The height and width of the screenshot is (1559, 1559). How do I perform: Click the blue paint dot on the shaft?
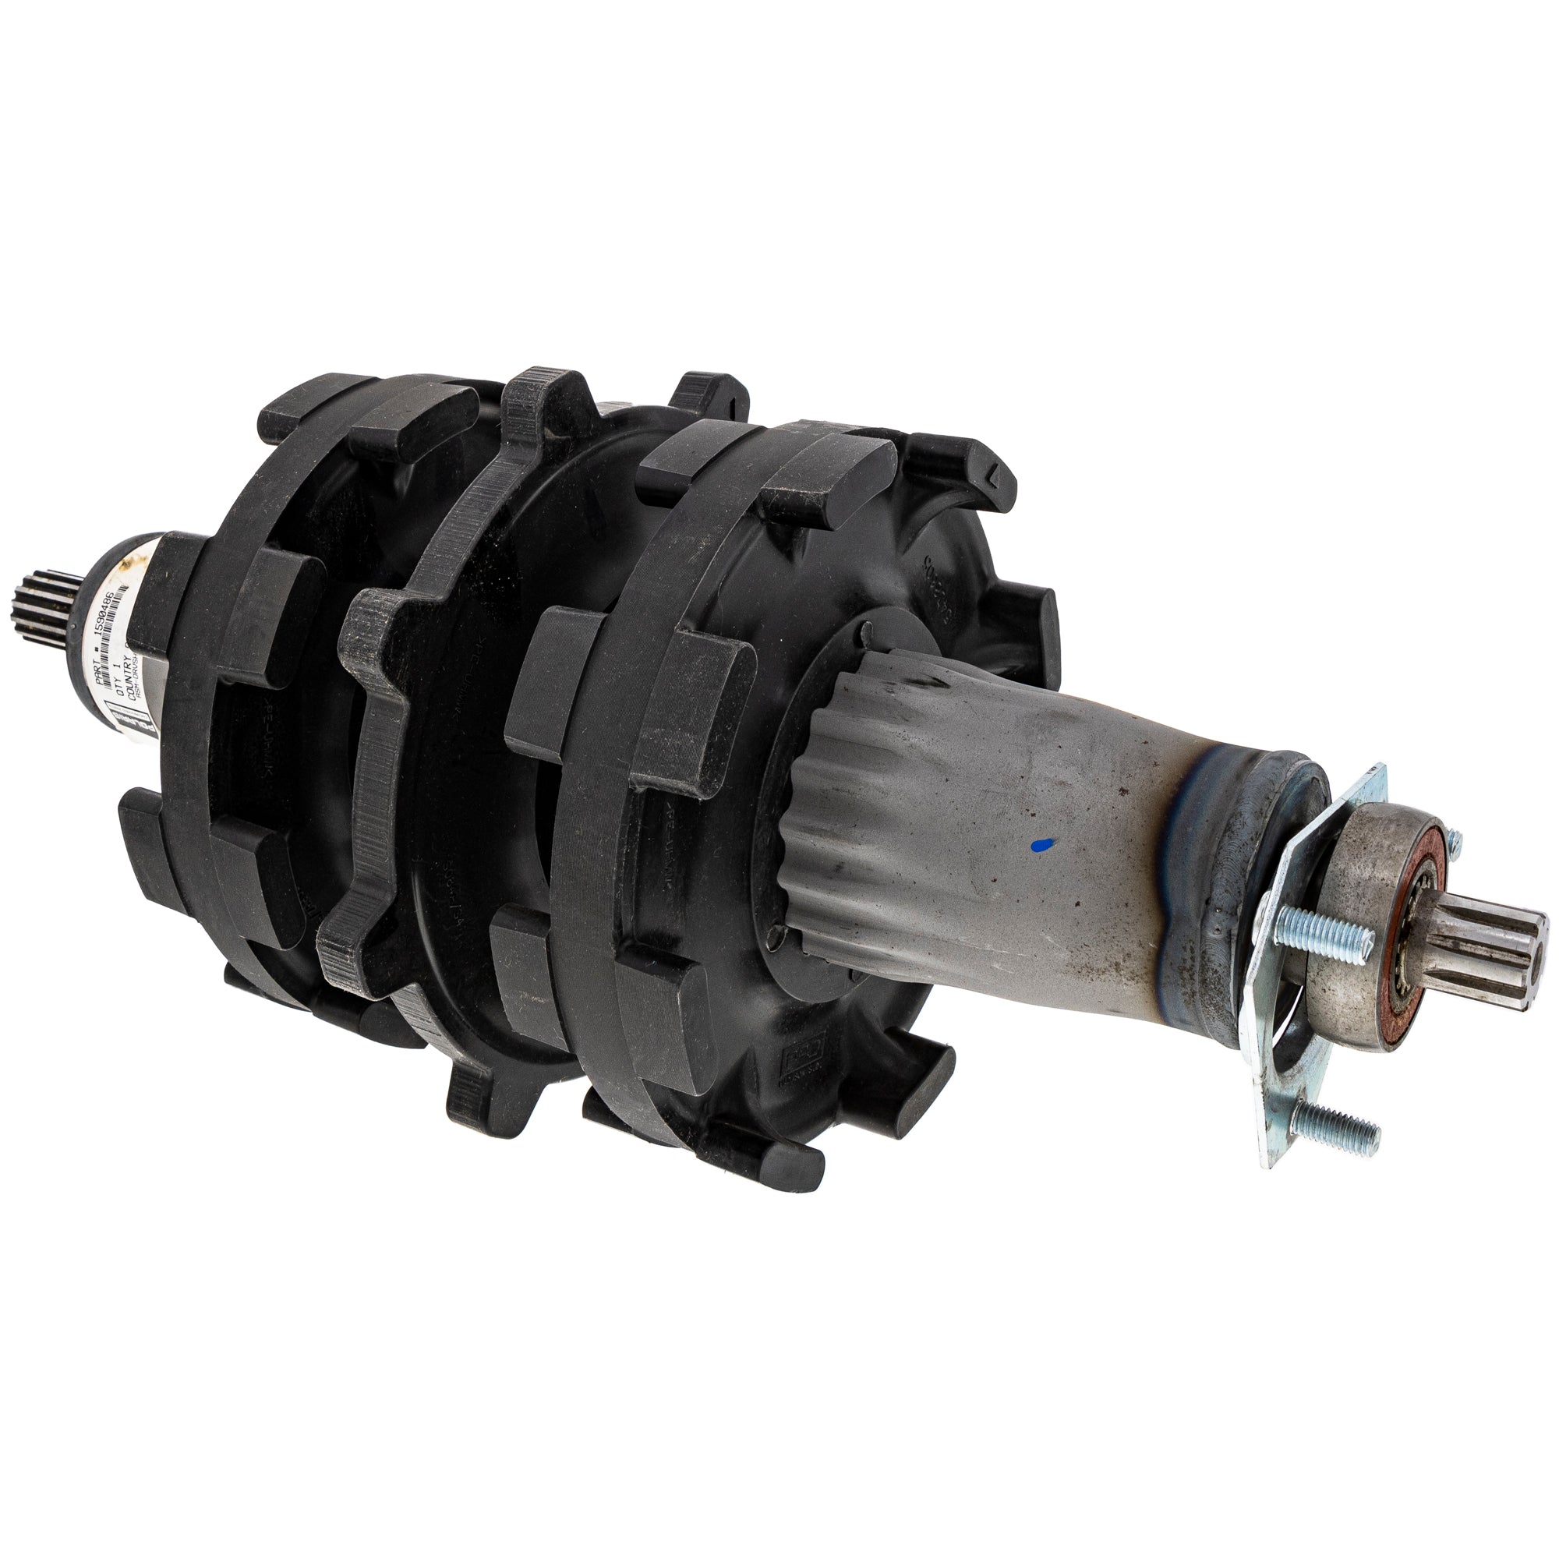(x=1041, y=845)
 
